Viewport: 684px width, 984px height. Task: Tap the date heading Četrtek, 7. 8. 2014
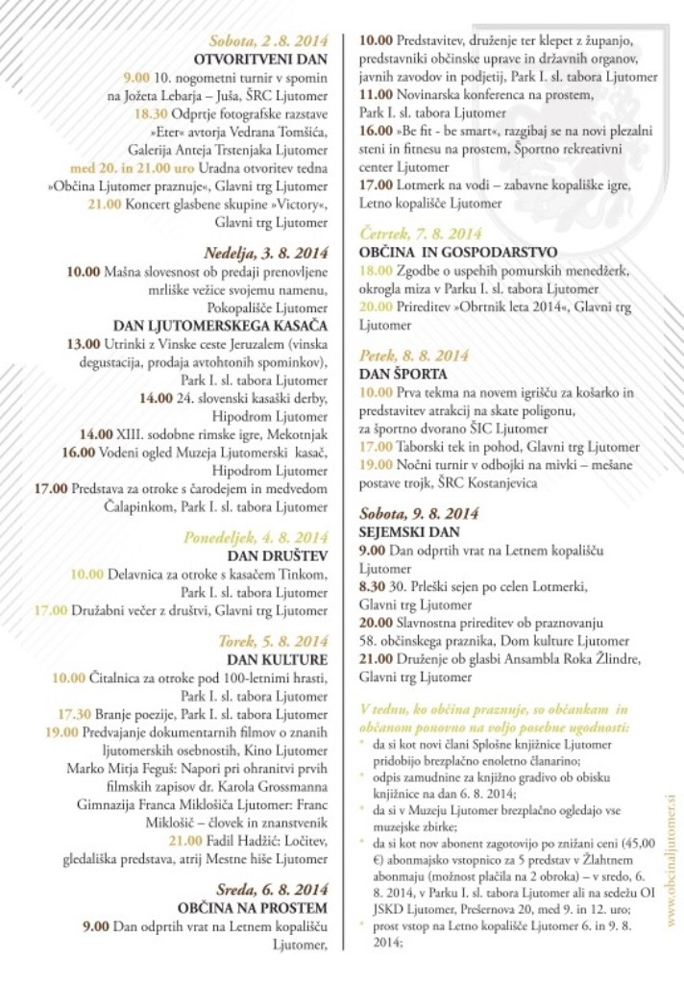pos(420,234)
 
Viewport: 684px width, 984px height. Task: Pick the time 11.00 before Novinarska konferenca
pos(376,95)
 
